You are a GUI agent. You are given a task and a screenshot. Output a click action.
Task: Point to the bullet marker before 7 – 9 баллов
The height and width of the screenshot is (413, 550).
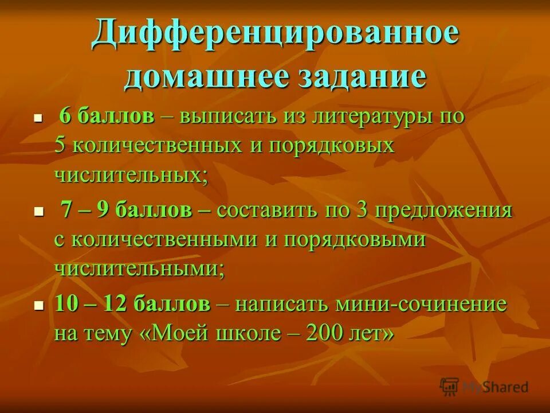(39, 211)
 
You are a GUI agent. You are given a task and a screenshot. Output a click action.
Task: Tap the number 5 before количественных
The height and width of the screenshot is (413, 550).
(60, 145)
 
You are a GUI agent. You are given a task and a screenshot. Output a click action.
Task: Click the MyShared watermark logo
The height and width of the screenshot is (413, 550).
(484, 387)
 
